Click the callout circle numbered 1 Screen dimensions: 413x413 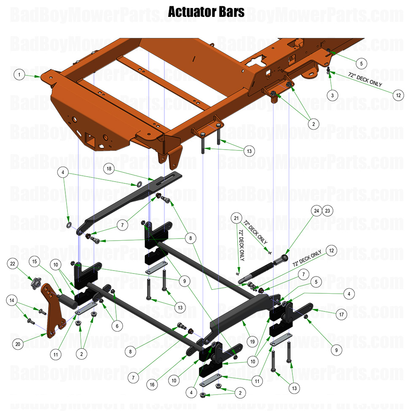(19, 75)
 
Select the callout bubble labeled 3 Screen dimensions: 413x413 (332, 96)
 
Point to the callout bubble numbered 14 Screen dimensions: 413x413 (12, 300)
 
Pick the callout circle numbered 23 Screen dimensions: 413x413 (327, 211)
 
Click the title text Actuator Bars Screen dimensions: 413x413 (206, 12)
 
